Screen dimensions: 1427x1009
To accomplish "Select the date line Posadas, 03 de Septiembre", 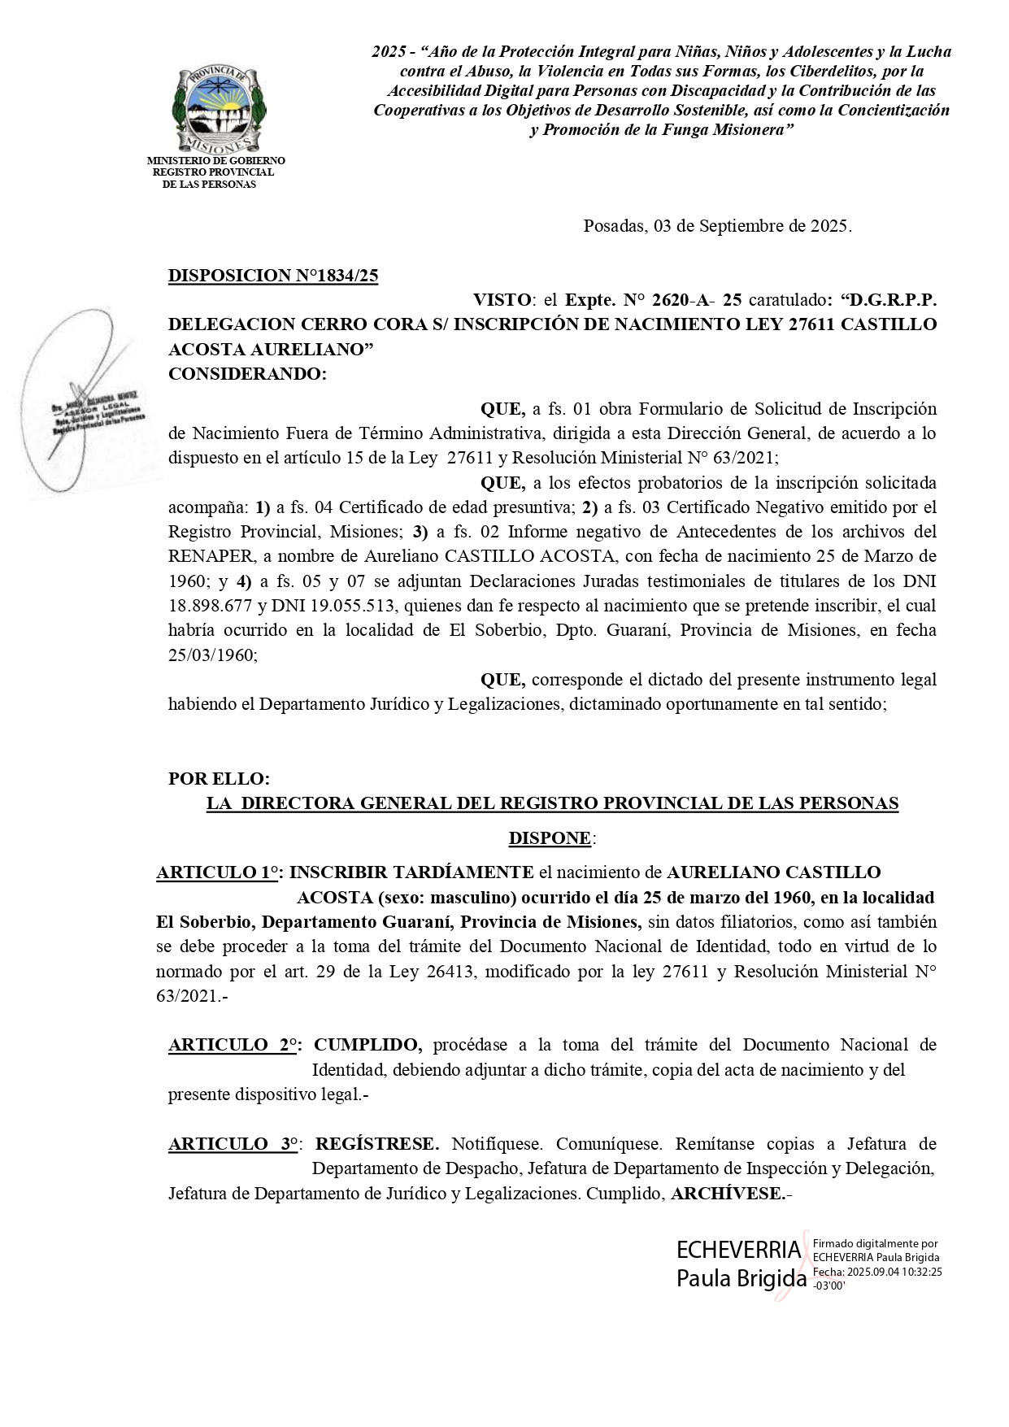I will [x=717, y=226].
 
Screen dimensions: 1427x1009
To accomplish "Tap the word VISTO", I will [x=502, y=299].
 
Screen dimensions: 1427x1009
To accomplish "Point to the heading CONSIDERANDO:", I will [x=246, y=374].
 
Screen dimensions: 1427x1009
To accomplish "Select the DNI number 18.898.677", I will [x=208, y=605].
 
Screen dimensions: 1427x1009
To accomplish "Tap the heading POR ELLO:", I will [x=219, y=778].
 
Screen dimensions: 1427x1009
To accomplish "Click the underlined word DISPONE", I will [x=550, y=837].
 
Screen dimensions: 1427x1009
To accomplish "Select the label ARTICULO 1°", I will [x=216, y=872].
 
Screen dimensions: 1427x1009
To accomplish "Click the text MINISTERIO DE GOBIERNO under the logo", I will [x=215, y=161].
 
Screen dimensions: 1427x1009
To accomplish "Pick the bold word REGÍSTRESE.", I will [x=377, y=1144].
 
